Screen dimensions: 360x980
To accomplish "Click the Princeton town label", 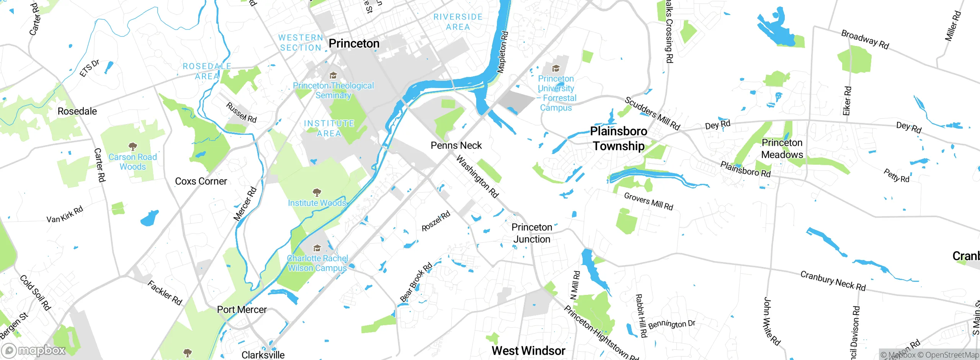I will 354,44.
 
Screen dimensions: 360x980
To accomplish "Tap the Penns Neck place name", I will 456,146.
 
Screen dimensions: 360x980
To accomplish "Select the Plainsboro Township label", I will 618,139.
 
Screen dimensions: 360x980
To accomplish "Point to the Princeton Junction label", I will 532,233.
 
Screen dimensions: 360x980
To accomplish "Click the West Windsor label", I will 528,350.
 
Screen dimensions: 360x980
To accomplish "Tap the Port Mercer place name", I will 242,309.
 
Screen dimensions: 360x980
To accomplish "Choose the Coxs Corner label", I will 201,181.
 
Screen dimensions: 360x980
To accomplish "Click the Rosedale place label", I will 77,111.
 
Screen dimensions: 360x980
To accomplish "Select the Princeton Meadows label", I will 782,149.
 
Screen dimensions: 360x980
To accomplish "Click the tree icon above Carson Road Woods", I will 132,147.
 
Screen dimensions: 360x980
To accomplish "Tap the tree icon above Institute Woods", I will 317,192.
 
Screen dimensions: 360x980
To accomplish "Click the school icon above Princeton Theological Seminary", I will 333,75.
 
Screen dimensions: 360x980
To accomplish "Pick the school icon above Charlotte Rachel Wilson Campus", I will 317,248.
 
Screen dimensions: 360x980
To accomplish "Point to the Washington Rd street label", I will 477,177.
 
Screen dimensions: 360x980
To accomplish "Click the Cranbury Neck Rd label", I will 833,281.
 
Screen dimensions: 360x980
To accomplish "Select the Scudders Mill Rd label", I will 652,113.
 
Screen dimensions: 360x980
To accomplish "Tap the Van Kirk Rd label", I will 65,214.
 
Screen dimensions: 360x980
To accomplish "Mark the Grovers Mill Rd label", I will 648,201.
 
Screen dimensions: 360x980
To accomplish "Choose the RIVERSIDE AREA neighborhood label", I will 457,22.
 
